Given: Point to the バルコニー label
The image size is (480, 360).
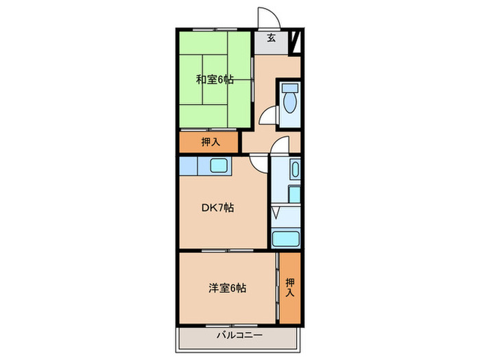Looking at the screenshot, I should coord(239,335).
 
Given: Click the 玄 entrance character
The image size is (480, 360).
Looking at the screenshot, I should coord(271,38).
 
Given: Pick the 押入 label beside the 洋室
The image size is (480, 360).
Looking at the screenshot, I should coord(290,287).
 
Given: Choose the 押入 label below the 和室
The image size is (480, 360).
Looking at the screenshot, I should coord(210,143).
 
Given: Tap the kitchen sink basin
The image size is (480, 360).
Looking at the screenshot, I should coord(220,166).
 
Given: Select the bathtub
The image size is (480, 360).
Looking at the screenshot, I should coord(285,239).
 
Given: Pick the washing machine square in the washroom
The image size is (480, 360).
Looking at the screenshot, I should coord(293,193).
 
